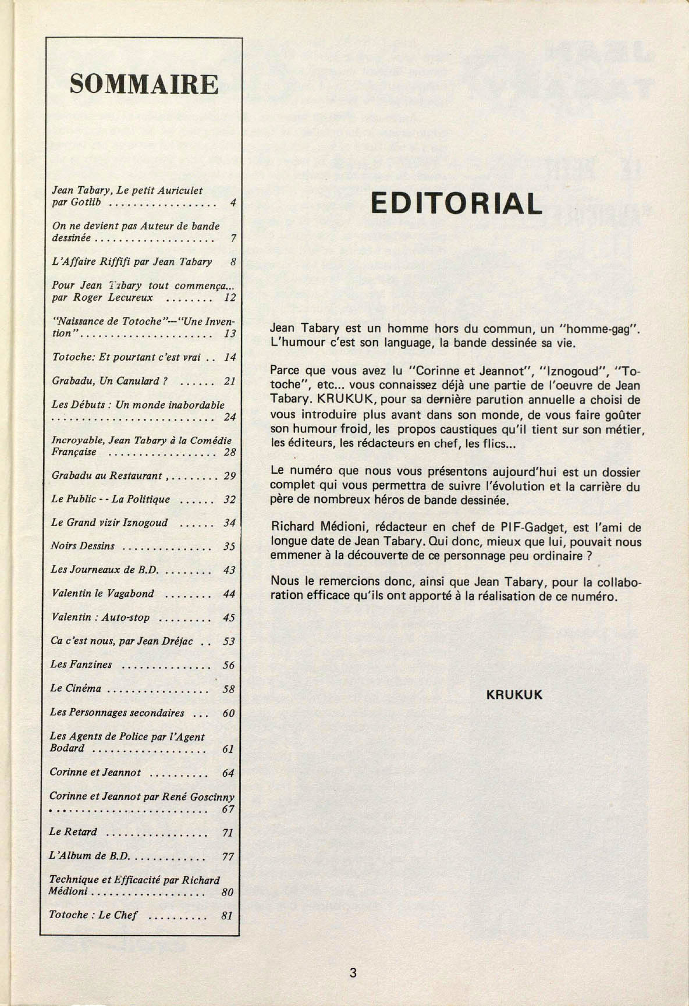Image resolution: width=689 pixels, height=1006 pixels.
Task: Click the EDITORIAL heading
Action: click(x=456, y=203)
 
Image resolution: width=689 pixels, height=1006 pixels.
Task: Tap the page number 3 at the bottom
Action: click(x=353, y=973)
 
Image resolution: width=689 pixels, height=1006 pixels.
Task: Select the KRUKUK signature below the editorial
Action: click(x=514, y=695)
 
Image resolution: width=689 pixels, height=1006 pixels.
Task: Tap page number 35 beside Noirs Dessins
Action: click(x=229, y=546)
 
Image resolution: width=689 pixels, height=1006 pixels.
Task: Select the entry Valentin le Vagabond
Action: click(x=102, y=593)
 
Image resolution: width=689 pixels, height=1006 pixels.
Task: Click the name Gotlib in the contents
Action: click(x=87, y=203)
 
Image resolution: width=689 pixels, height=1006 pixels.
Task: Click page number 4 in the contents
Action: click(x=232, y=203)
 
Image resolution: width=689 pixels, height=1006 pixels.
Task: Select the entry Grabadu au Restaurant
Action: click(x=106, y=475)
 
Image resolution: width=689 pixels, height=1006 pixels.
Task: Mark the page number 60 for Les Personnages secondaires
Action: click(x=229, y=713)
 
